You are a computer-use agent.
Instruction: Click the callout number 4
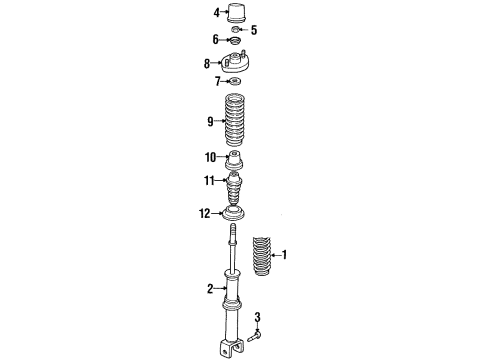pyautogui.click(x=215, y=13)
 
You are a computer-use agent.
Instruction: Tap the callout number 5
pyautogui.click(x=254, y=29)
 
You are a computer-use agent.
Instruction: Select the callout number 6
pyautogui.click(x=215, y=39)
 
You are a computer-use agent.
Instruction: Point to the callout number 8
pyautogui.click(x=208, y=63)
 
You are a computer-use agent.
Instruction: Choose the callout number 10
pyautogui.click(x=210, y=157)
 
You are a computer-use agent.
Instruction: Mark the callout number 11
pyautogui.click(x=209, y=182)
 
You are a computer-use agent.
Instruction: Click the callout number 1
pyautogui.click(x=285, y=255)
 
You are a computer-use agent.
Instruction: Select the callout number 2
pyautogui.click(x=211, y=290)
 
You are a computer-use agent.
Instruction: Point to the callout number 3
pyautogui.click(x=258, y=318)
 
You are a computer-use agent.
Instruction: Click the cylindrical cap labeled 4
pyautogui.click(x=239, y=15)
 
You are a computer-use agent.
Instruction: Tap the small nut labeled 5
pyautogui.click(x=238, y=30)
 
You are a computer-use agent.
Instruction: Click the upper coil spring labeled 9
pyautogui.click(x=236, y=122)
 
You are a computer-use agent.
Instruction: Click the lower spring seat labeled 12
pyautogui.click(x=237, y=216)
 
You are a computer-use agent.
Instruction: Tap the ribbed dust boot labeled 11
pyautogui.click(x=237, y=186)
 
